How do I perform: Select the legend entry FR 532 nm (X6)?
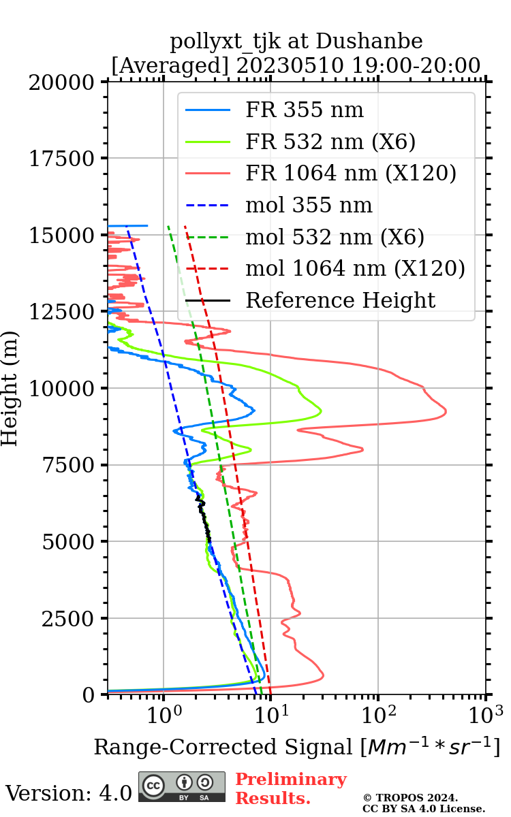coord(330,142)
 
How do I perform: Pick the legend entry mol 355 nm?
coord(309,206)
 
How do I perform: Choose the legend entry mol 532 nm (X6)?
coord(335,237)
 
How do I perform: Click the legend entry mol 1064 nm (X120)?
coord(355,269)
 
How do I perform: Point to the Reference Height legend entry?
coord(340,300)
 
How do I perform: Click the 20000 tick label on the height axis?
coord(62,82)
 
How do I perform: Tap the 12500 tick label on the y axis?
coord(62,312)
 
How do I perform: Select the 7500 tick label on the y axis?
coord(67,465)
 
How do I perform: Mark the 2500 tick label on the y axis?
coord(67,618)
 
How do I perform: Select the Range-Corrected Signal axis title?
coord(296,748)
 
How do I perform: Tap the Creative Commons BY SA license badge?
coord(182,787)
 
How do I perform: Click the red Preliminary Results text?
coord(290,788)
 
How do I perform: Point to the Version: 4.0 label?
coord(68,793)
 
